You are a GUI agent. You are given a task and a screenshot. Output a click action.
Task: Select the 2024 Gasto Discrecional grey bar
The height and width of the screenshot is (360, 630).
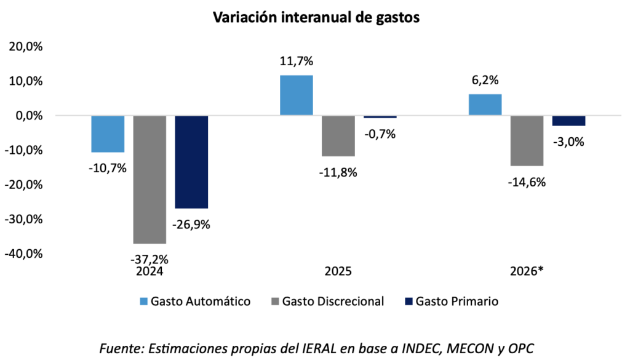(150, 179)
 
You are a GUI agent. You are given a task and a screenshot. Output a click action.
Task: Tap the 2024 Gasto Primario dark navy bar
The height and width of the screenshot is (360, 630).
(191, 162)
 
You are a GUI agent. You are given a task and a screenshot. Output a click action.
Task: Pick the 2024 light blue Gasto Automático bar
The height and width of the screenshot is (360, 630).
(108, 134)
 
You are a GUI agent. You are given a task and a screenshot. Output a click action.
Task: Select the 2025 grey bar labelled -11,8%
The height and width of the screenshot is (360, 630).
(338, 135)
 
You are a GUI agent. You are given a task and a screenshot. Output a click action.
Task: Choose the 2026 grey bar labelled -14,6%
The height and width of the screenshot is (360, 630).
(527, 140)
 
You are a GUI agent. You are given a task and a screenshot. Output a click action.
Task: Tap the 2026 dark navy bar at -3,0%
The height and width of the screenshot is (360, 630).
(568, 121)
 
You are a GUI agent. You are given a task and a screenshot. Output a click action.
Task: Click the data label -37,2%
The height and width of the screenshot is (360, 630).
(150, 258)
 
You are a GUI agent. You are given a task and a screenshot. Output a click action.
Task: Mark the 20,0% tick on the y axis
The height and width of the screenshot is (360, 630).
(25, 47)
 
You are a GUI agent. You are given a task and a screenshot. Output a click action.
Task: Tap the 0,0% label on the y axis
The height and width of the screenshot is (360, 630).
(28, 116)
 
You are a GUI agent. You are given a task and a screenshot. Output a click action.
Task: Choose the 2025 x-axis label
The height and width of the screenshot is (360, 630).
(338, 271)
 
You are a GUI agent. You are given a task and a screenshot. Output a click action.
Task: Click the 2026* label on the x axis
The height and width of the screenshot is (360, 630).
(527, 271)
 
